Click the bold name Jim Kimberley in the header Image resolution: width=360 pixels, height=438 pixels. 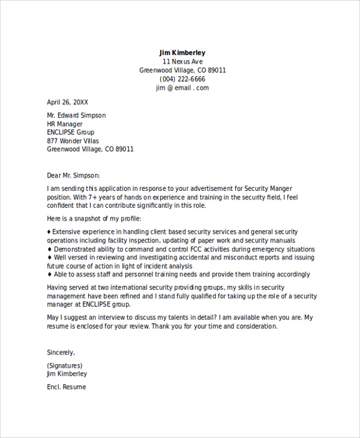pos(182,53)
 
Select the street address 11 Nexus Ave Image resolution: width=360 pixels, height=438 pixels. pos(182,62)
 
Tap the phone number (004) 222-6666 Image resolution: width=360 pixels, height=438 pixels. pos(182,79)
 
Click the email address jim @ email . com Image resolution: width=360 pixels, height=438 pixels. pos(182,88)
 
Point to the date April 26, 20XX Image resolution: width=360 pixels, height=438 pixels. pos(67,102)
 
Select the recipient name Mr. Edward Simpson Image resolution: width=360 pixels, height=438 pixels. pos(76,115)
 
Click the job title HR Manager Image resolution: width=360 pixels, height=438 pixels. pos(65,124)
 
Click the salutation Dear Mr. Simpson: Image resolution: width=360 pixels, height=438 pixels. pos(74,175)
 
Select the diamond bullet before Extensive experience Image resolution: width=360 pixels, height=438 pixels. pos(49,232)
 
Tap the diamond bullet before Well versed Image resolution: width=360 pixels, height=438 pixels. pos(49,257)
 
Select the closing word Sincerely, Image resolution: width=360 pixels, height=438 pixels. pos(61,352)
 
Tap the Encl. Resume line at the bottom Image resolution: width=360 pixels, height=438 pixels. pos(67,387)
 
